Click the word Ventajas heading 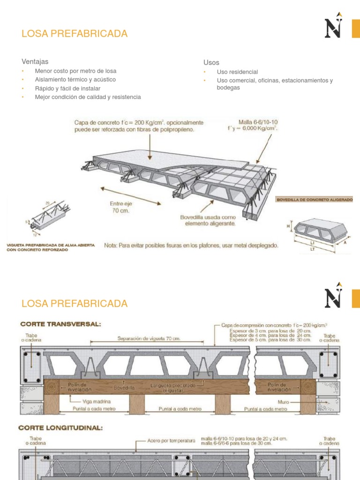(35, 61)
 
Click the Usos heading (211, 62)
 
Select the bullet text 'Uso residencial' (237, 72)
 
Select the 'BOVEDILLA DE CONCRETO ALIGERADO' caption (314, 199)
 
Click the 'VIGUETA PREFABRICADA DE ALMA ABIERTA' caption (51, 245)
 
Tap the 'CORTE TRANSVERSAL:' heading (60, 324)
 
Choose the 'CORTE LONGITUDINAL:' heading (60, 427)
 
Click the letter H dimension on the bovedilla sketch (288, 226)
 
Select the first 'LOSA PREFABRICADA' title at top (75, 34)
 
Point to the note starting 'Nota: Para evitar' (191, 245)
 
